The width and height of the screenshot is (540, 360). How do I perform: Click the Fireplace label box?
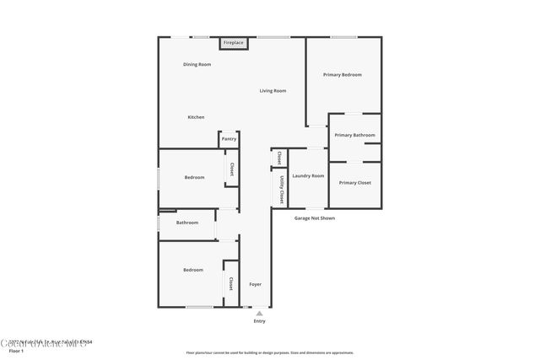click(x=234, y=42)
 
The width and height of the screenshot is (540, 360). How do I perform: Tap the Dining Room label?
click(x=197, y=65)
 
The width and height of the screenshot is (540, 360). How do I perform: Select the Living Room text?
click(x=273, y=91)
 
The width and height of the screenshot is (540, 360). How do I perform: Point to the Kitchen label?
click(x=196, y=117)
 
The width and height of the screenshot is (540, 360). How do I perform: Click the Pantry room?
click(x=229, y=139)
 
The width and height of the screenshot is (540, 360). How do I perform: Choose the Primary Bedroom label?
click(x=343, y=75)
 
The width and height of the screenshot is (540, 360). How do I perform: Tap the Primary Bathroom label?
click(x=354, y=135)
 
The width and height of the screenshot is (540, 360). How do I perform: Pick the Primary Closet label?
click(x=354, y=183)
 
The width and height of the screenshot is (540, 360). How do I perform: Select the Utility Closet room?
click(x=278, y=188)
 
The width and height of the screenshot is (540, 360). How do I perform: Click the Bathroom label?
click(x=186, y=223)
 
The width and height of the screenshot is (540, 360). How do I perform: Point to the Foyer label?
click(x=255, y=284)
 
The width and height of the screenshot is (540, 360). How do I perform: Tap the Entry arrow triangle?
click(x=259, y=313)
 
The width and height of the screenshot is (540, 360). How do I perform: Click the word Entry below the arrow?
click(x=259, y=321)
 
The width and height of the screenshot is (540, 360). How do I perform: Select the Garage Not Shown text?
click(x=315, y=218)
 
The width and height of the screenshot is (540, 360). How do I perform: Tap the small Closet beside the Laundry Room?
click(x=278, y=157)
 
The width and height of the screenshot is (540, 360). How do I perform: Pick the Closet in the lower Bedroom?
click(x=230, y=284)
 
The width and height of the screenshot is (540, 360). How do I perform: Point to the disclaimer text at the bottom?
click(x=270, y=352)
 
